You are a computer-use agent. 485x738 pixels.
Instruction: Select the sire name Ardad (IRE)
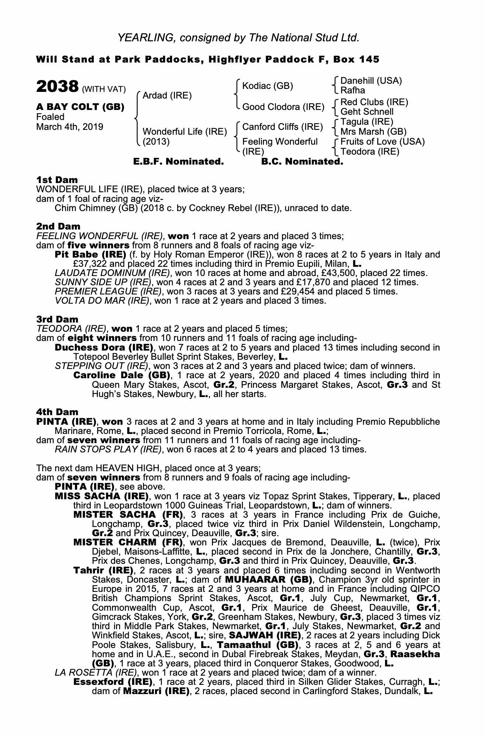pyautogui.click(x=167, y=96)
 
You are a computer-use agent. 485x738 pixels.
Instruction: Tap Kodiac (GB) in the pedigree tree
pyautogui.click(x=267, y=86)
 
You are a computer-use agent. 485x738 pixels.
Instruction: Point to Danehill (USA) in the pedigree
pyautogui.click(x=371, y=81)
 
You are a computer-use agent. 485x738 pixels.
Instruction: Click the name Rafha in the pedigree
pyautogui.click(x=352, y=90)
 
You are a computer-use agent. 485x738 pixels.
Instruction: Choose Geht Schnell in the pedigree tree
pyautogui.click(x=367, y=112)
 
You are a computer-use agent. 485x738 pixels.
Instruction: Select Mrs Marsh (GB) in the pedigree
pyautogui.click(x=373, y=132)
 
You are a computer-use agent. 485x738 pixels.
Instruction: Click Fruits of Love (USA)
pyautogui.click(x=382, y=142)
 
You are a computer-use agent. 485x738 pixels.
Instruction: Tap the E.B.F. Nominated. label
pyautogui.click(x=178, y=162)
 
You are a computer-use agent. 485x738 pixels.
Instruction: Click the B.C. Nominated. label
pyautogui.click(x=302, y=162)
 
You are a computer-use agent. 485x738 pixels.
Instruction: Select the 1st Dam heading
pyautogui.click(x=57, y=180)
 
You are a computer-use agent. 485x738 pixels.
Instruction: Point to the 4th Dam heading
pyautogui.click(x=57, y=412)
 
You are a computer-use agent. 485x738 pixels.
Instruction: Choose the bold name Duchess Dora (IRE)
pyautogui.click(x=104, y=348)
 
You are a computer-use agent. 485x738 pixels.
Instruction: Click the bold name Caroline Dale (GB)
pyautogui.click(x=121, y=376)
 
